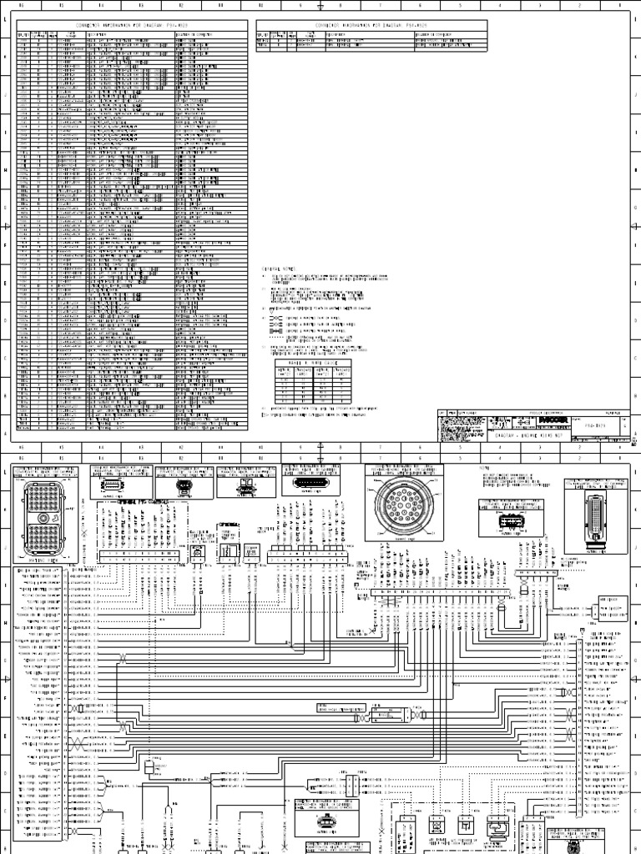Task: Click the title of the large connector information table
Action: [134, 26]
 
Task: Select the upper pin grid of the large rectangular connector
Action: [42, 498]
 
